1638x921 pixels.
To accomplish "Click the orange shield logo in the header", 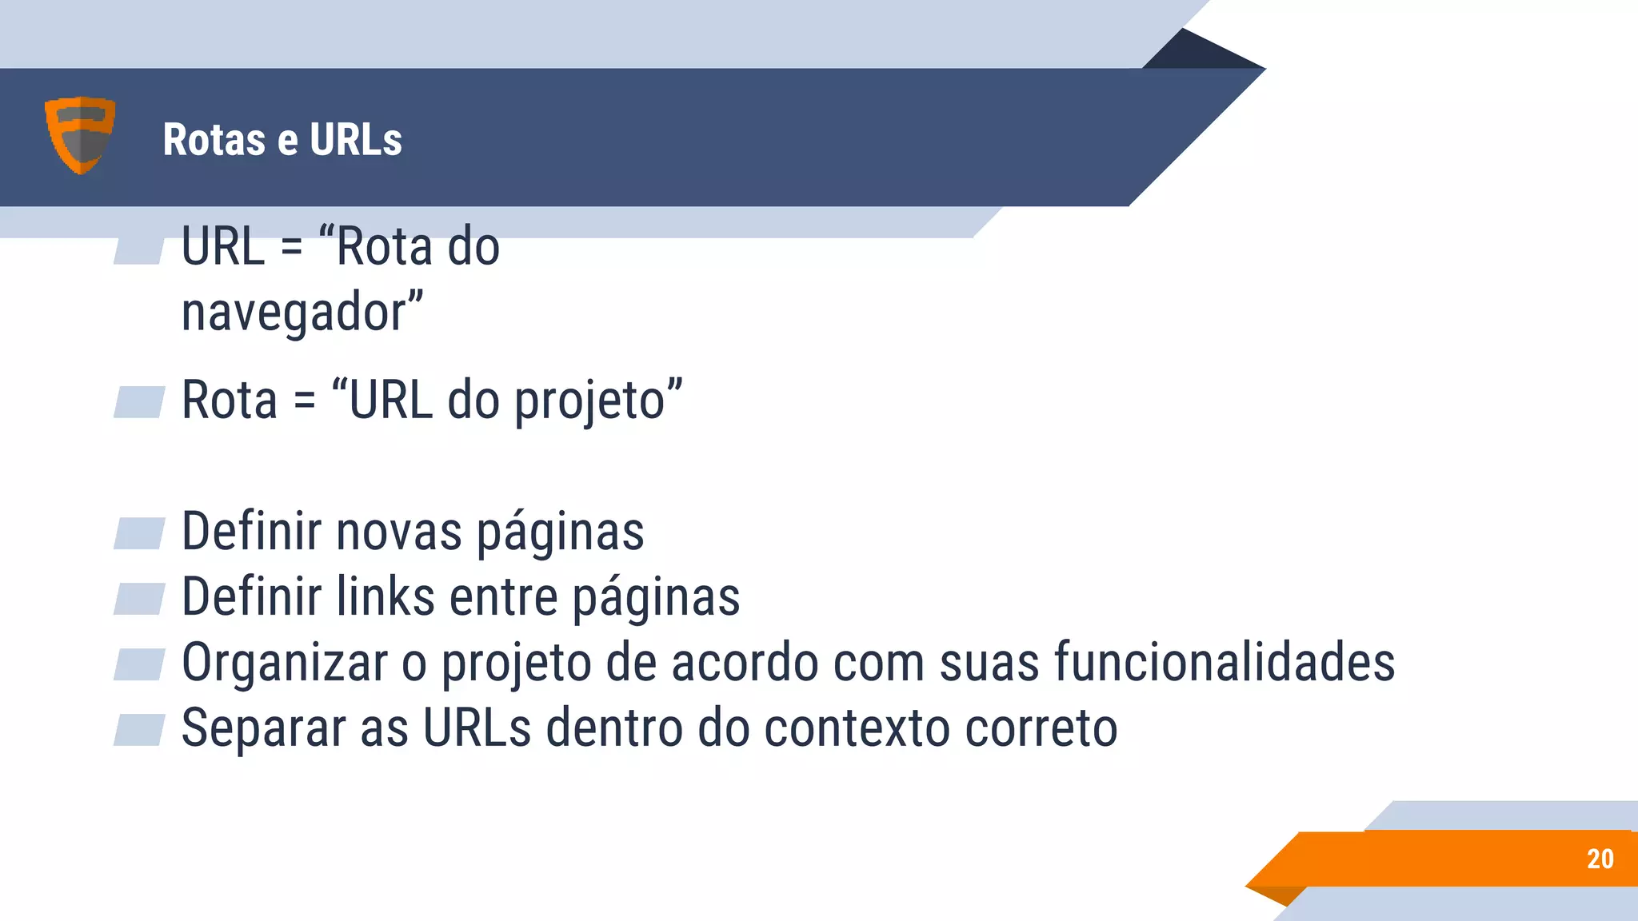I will [80, 134].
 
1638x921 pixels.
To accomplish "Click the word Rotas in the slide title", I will [214, 140].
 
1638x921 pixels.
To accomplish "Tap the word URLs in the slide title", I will [356, 140].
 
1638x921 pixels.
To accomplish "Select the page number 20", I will [1600, 859].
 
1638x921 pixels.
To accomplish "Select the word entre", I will [504, 597].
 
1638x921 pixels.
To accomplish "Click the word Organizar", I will [285, 663].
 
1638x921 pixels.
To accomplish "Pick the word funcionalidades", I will [1225, 663].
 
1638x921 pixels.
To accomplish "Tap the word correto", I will [1041, 728].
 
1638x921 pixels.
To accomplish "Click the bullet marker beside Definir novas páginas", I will [139, 533].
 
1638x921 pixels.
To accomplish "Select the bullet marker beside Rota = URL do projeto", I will [139, 402].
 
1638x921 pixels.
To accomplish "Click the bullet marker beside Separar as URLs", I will [139, 730].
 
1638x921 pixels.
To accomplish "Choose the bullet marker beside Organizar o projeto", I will [139, 664].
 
